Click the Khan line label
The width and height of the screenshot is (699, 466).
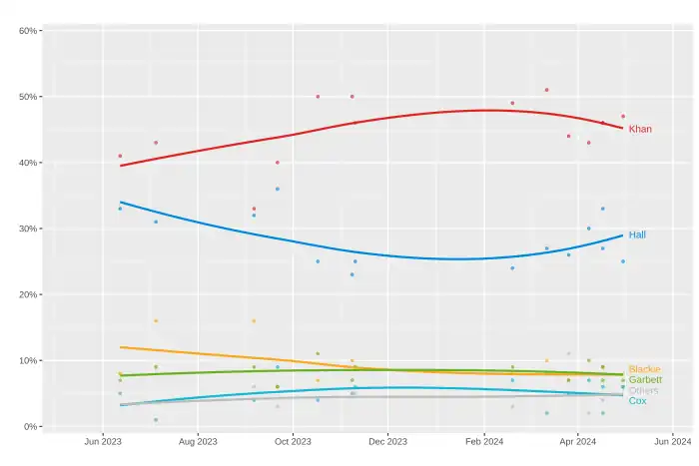[x=640, y=129]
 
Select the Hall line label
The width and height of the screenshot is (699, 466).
[x=636, y=234]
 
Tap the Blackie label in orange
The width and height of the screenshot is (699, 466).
[x=644, y=369]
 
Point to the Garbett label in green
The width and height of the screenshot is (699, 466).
[x=644, y=380]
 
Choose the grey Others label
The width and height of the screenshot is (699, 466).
[x=643, y=390]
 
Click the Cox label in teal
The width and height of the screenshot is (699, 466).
[x=637, y=400]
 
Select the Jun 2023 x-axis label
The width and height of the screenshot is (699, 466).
[x=103, y=440]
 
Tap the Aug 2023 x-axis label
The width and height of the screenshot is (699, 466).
[x=198, y=440]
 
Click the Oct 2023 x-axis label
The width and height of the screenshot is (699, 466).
[x=293, y=440]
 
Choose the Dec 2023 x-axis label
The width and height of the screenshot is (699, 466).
[x=387, y=440]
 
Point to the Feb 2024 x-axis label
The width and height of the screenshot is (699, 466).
[x=483, y=440]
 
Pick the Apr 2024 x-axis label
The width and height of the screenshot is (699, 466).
[x=577, y=440]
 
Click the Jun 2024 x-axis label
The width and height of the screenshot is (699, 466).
[x=672, y=440]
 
